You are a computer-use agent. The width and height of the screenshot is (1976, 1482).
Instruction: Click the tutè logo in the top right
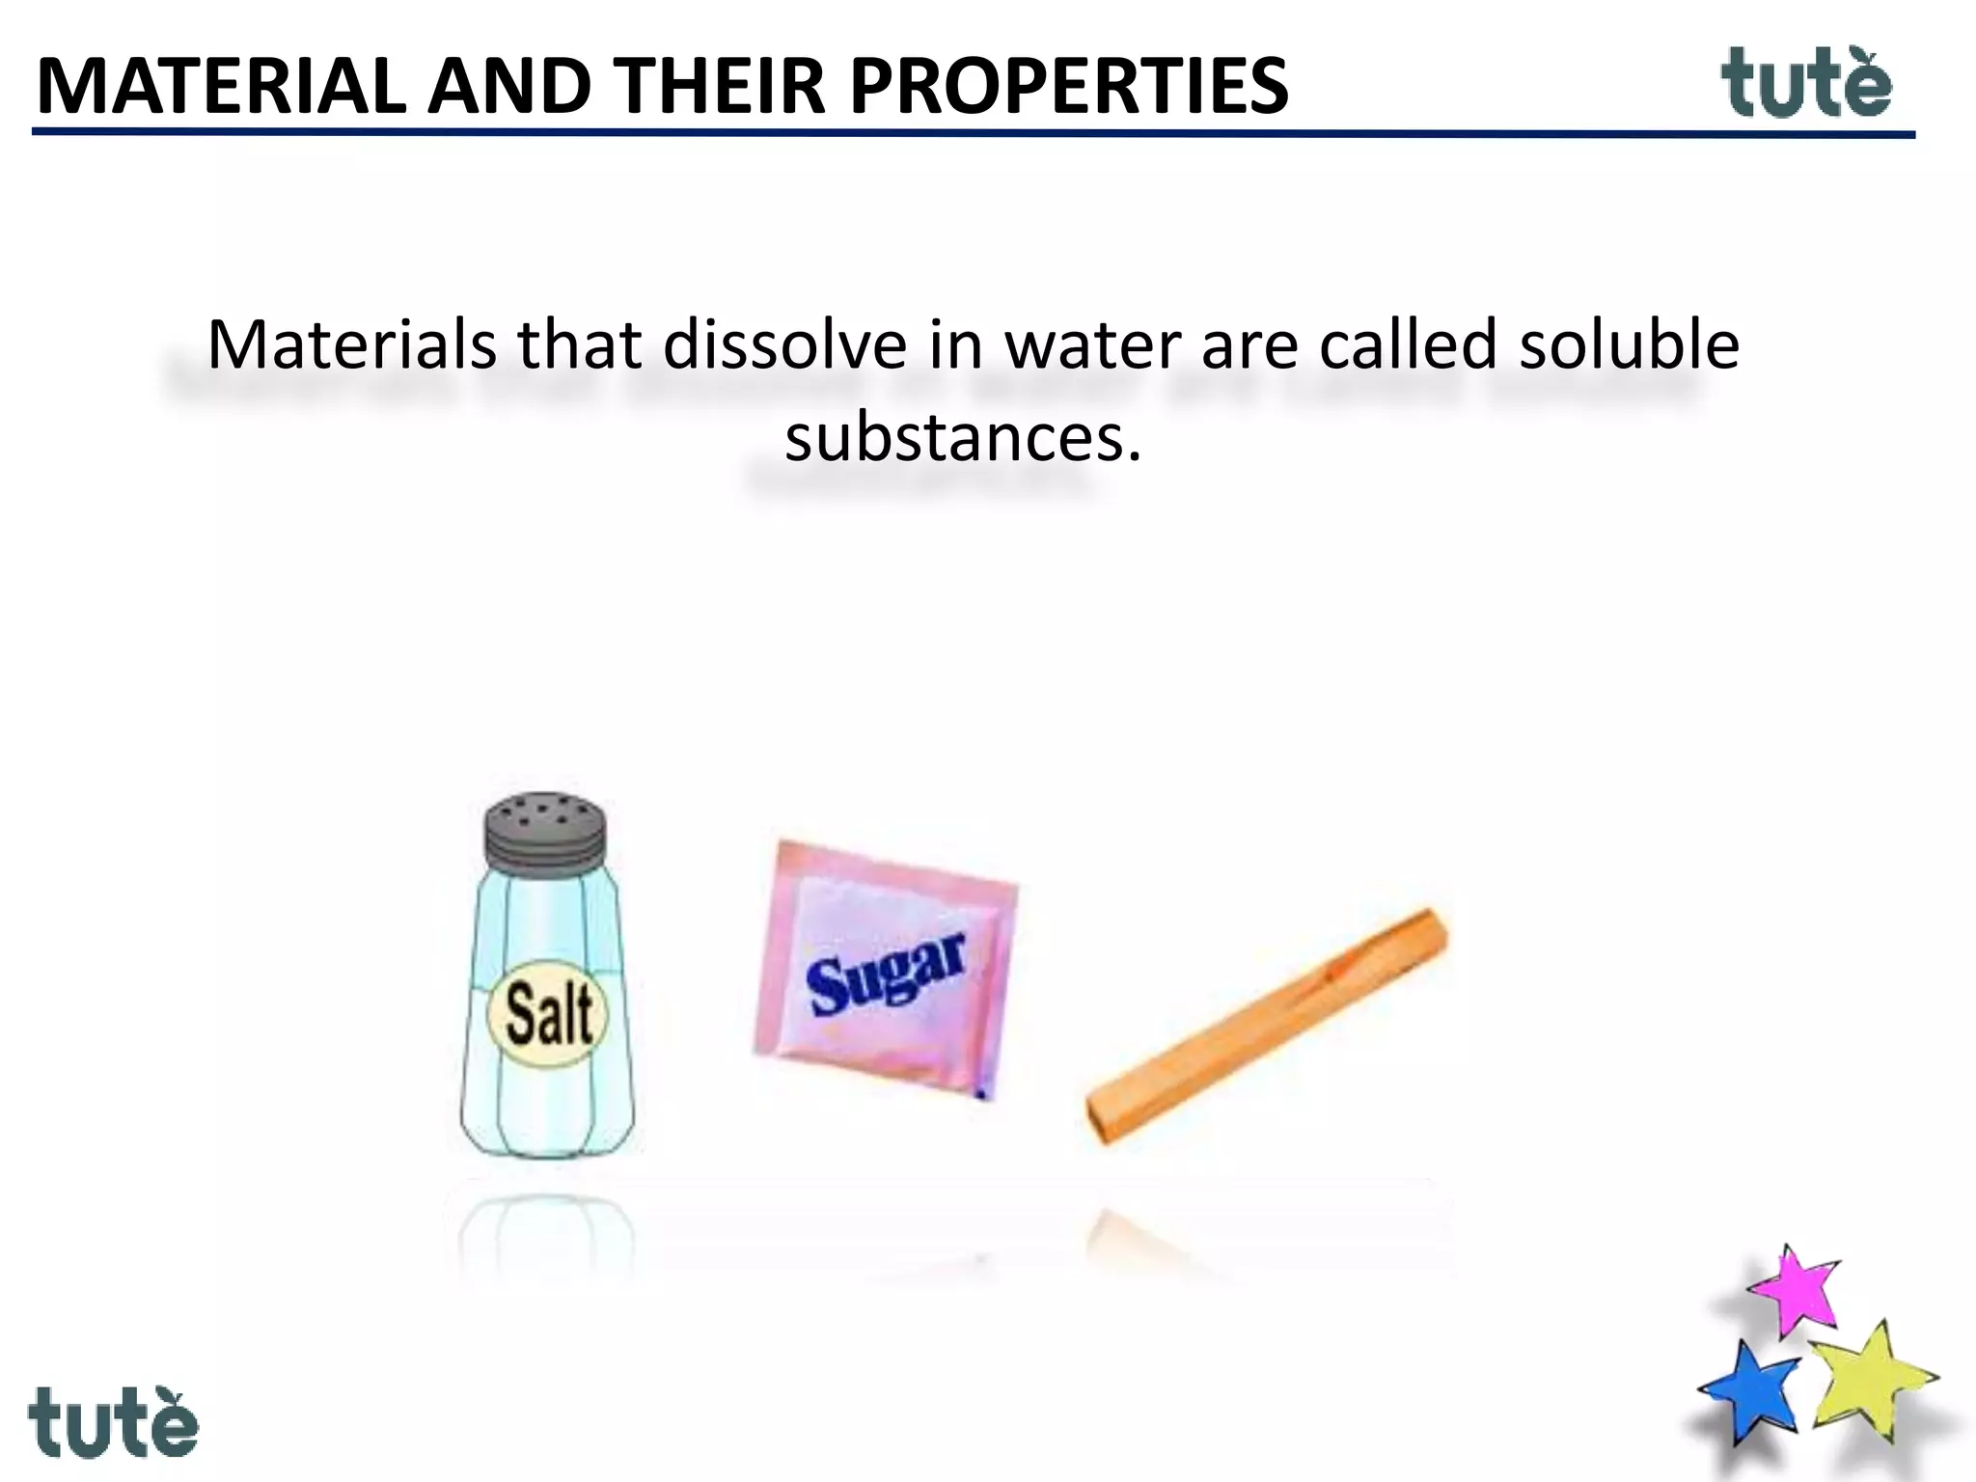coord(1806,85)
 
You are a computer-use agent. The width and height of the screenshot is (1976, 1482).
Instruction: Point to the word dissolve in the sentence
coord(784,344)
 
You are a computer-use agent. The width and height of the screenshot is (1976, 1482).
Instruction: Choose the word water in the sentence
coord(1093,344)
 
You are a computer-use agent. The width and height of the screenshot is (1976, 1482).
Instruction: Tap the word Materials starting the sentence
coord(352,344)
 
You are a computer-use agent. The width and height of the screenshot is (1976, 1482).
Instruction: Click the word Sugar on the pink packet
coord(886,974)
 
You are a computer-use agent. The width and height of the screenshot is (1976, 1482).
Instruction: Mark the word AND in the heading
coord(509,87)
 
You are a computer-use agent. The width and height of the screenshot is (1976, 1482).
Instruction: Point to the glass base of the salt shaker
coord(546,1119)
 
